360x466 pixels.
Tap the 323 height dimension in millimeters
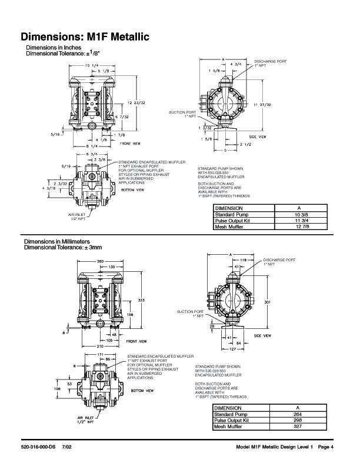[141, 300]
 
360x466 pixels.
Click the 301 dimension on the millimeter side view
[267, 302]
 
